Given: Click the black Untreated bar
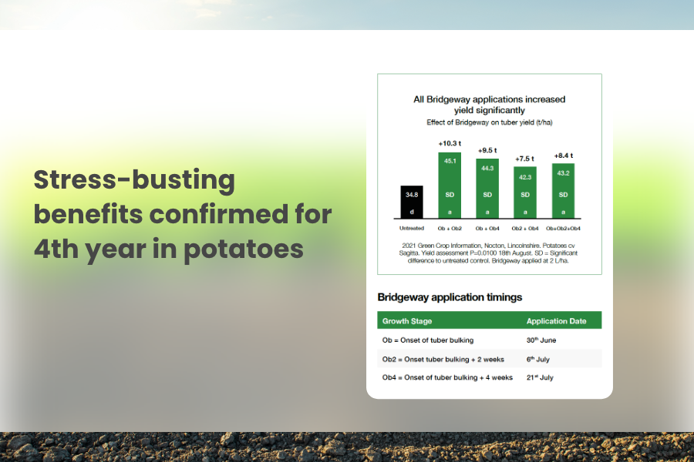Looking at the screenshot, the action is pyautogui.click(x=412, y=202).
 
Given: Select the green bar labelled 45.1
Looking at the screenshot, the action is pyautogui.click(x=450, y=186).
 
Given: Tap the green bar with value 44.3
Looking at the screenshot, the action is pyautogui.click(x=487, y=189).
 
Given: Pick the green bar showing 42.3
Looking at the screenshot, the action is pyautogui.click(x=525, y=192).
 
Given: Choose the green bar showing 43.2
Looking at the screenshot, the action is pyautogui.click(x=563, y=191).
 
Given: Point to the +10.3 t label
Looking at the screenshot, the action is pyautogui.click(x=450, y=143).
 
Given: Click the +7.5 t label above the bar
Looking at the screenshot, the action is pyautogui.click(x=524, y=159).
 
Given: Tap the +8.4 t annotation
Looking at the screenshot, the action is pyautogui.click(x=564, y=156).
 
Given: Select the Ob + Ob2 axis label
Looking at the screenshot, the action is pyautogui.click(x=450, y=229).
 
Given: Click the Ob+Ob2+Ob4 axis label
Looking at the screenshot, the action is pyautogui.click(x=563, y=229).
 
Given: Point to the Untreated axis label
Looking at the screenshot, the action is pyautogui.click(x=412, y=228).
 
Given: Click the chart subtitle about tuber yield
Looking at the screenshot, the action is pyautogui.click(x=490, y=122).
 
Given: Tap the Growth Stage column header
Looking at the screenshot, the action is pyautogui.click(x=406, y=321).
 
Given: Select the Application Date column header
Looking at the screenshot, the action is pyautogui.click(x=556, y=321).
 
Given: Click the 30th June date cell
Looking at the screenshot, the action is pyautogui.click(x=541, y=340).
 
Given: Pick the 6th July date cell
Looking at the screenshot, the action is pyautogui.click(x=537, y=359).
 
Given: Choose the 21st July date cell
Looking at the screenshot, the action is pyautogui.click(x=540, y=377).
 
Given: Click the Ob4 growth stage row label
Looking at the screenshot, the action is pyautogui.click(x=447, y=377).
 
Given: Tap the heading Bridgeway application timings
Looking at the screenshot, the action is pyautogui.click(x=450, y=297).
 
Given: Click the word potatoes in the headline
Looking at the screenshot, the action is pyautogui.click(x=244, y=249).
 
